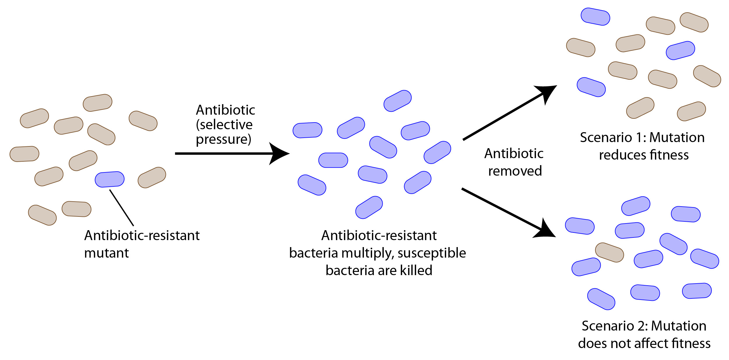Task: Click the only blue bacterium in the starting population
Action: pos(110,179)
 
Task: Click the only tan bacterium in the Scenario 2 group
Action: pos(609,252)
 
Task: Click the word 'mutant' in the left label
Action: pos(106,253)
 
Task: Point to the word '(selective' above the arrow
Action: pos(224,125)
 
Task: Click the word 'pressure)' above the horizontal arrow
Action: pos(223,139)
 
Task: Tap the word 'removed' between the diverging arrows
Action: pos(515,171)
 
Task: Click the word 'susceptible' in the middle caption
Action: pos(432,253)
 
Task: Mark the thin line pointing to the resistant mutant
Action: pos(122,208)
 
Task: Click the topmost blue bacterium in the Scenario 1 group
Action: pos(595,17)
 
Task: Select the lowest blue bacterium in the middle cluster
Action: pos(369,207)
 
